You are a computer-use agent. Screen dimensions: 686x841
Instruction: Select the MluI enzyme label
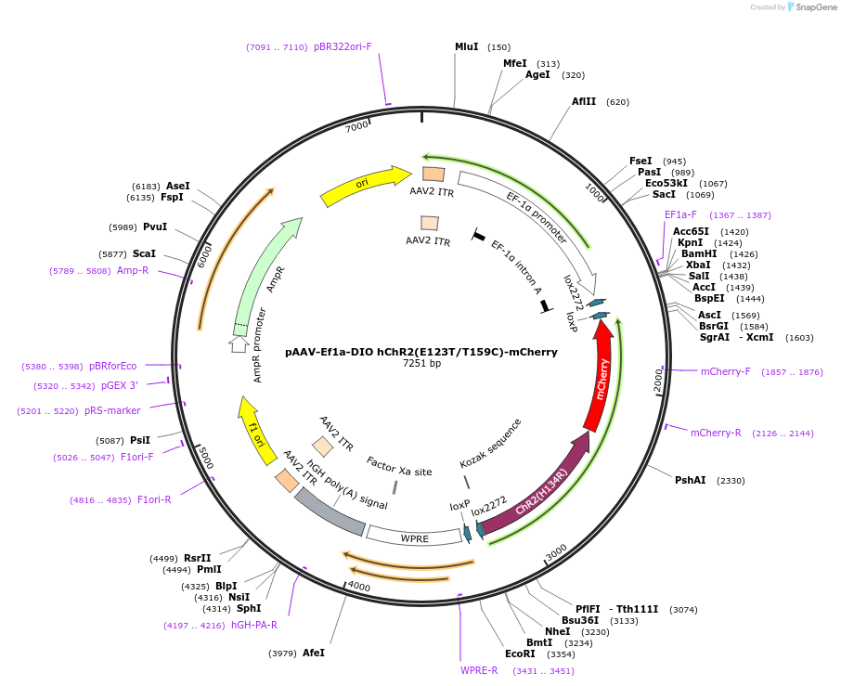tap(467, 46)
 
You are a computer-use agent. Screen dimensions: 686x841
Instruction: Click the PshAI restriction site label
tap(690, 480)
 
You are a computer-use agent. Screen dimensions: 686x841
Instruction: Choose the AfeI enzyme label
tap(314, 653)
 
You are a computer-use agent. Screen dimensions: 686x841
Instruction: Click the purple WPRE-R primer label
tap(479, 670)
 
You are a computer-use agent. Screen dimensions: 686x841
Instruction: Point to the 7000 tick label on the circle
tap(356, 127)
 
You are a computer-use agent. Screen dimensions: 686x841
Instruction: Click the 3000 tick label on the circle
tap(556, 552)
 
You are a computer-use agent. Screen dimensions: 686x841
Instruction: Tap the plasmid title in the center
tap(421, 352)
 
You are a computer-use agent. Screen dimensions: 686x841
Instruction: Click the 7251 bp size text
tap(421, 364)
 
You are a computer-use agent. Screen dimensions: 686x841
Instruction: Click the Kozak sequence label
tap(491, 444)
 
